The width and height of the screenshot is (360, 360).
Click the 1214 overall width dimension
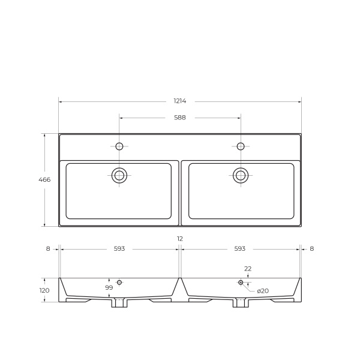pos(180,101)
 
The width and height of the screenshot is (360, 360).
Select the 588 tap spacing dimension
pos(180,118)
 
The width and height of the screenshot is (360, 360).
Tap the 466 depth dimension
pos(44,179)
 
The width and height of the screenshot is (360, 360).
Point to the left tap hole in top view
pos(119,146)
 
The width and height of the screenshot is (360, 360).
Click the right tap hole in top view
pos(241,146)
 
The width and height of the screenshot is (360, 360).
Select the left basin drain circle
pos(119,175)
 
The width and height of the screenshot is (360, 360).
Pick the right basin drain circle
pos(241,175)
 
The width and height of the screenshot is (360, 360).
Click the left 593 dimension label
pos(119,248)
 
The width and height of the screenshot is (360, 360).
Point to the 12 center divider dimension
pos(180,239)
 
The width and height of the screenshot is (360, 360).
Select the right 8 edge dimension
pos(312,248)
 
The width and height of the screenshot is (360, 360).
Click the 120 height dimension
pos(44,290)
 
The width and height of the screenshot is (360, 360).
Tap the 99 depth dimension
pos(109,288)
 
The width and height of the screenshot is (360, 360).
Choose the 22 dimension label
pos(248,269)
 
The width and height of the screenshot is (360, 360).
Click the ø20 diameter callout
pos(263,291)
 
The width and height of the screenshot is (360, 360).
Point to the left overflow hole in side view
pos(119,282)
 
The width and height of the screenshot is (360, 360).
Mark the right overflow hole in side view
pos(241,282)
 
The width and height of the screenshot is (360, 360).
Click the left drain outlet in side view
pos(119,303)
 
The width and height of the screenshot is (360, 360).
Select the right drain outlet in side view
pos(241,303)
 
